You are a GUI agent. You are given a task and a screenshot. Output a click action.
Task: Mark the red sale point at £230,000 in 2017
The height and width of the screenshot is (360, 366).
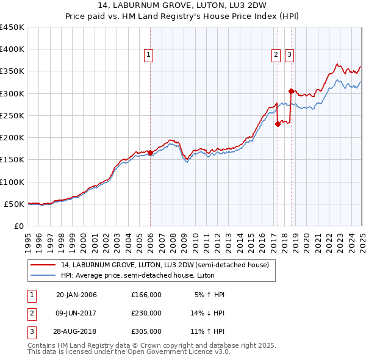(278, 124)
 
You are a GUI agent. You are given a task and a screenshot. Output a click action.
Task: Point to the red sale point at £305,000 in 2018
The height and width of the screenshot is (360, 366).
(291, 91)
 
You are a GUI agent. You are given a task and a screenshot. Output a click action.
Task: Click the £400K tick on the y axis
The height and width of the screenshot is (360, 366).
(12, 49)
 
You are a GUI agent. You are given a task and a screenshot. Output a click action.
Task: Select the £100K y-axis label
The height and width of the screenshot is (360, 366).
(12, 182)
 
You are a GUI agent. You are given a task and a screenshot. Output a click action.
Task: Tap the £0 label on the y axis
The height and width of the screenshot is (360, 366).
(18, 226)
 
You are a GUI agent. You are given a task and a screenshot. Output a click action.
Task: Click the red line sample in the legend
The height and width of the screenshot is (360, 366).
(43, 265)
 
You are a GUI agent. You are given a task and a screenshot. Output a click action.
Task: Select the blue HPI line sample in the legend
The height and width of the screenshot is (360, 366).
(43, 275)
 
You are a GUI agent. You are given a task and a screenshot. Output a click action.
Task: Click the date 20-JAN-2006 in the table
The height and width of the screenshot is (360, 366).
(76, 295)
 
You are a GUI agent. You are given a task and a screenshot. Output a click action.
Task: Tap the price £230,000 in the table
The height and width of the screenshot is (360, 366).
(146, 313)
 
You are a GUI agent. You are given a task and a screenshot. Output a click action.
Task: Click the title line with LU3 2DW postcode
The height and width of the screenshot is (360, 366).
(183, 7)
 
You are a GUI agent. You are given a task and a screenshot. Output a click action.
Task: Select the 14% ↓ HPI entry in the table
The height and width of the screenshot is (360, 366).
(207, 313)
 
